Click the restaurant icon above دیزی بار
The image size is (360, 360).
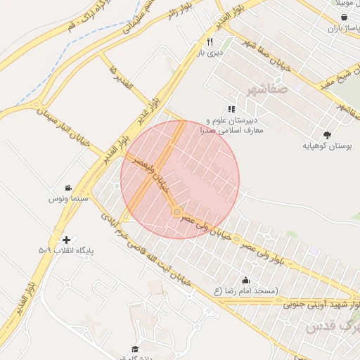point(210,41)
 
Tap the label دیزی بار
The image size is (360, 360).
point(210,52)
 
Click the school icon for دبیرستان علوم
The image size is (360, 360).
point(231,109)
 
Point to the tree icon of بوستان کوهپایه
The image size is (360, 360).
point(326,134)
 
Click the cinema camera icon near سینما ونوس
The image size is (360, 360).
point(67,188)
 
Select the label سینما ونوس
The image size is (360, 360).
point(67,199)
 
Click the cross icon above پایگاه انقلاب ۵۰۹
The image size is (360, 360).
point(66,240)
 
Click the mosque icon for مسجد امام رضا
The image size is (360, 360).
point(245,281)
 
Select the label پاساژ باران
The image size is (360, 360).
point(342,29)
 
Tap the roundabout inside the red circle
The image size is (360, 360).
point(178,212)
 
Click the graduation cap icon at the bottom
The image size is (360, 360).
point(135,349)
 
